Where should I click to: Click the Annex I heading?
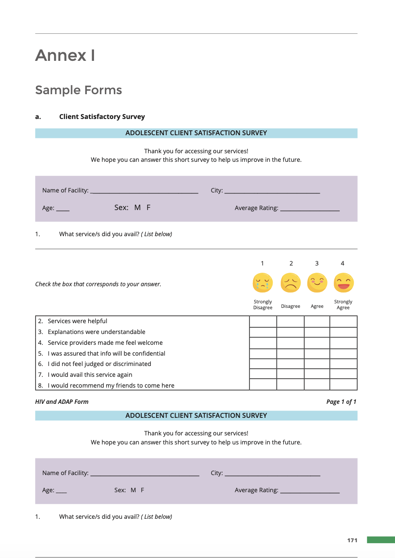(x=65, y=55)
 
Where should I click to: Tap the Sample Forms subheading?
(x=78, y=90)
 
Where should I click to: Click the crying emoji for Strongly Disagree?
(x=263, y=283)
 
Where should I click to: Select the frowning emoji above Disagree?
(x=291, y=283)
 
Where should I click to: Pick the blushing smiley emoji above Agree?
(x=317, y=283)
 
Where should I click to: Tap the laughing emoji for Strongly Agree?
(x=344, y=283)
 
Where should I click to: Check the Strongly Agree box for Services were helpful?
(x=343, y=321)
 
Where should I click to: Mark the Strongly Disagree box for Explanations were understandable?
(x=263, y=332)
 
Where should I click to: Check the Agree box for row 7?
(x=317, y=375)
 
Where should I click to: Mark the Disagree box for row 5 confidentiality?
(x=290, y=353)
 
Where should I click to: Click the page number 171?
(x=352, y=540)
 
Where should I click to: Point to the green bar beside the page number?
(x=381, y=540)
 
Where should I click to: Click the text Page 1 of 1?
(x=341, y=402)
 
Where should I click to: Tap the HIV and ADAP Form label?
(x=62, y=402)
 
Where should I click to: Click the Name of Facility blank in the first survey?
(x=144, y=191)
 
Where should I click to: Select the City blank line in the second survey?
(x=272, y=474)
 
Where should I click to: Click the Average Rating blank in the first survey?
(x=310, y=209)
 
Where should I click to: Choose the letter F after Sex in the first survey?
(x=148, y=207)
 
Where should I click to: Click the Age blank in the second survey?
(x=62, y=491)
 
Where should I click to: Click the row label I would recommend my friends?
(x=111, y=385)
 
